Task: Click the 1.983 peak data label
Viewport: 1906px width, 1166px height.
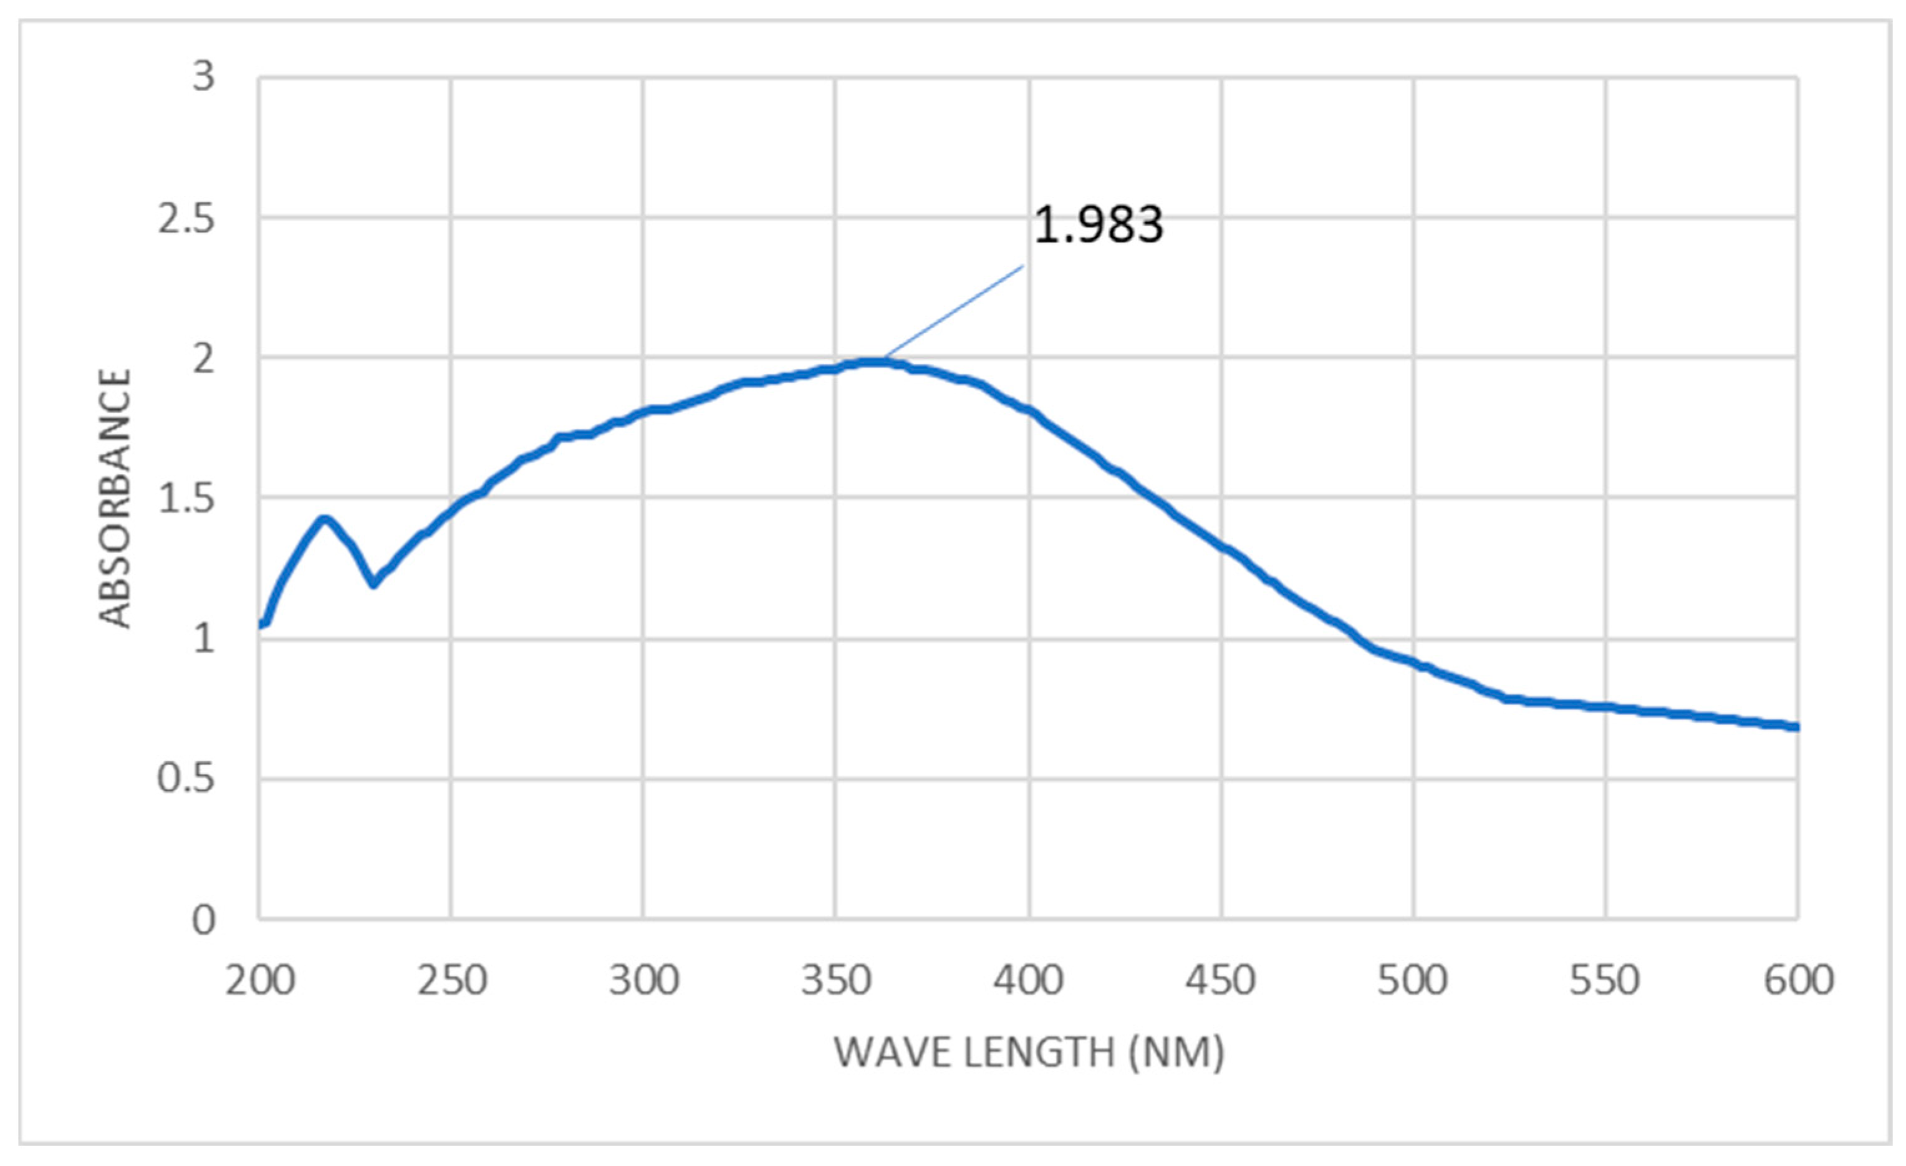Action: [x=1099, y=225]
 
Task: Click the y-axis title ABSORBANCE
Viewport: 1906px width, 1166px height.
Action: [x=116, y=498]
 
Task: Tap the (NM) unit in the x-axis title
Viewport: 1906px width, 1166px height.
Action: [x=1176, y=1053]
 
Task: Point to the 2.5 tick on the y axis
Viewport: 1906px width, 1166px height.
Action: [x=186, y=219]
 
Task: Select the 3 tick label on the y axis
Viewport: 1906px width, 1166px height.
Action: [x=203, y=77]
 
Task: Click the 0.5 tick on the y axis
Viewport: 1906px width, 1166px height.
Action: [x=186, y=778]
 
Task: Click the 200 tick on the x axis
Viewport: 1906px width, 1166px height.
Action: [x=260, y=981]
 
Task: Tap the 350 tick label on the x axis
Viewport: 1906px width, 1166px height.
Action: [x=836, y=981]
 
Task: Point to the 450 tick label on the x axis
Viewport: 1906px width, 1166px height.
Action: [x=1221, y=981]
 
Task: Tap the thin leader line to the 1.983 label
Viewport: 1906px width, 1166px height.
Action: [x=955, y=311]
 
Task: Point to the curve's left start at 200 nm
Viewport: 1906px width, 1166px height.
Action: [x=261, y=624]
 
